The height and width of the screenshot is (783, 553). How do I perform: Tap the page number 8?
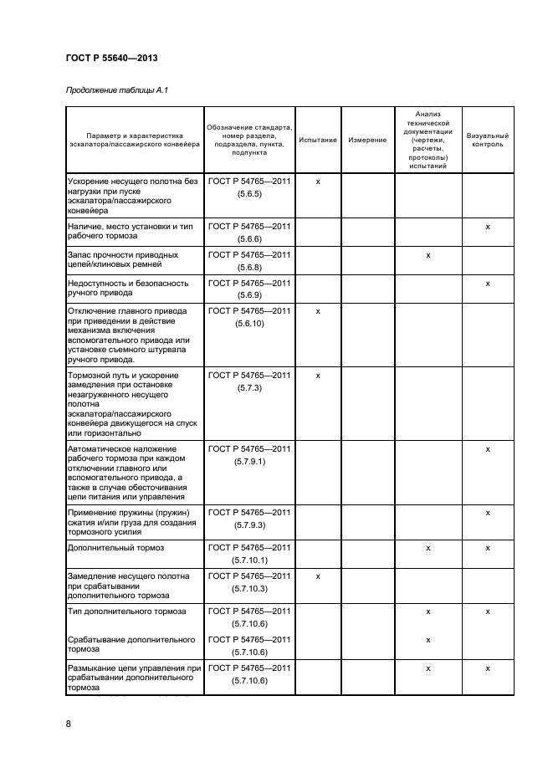tap(69, 724)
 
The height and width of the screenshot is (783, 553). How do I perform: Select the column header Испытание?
tap(318, 140)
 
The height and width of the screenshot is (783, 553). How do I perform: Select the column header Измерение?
tap(367, 140)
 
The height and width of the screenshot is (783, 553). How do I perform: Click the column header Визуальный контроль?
tap(487, 140)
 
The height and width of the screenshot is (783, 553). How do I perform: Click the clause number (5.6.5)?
tap(249, 193)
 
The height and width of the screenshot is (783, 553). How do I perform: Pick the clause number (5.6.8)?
tap(249, 268)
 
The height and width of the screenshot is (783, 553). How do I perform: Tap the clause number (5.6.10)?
tap(249, 324)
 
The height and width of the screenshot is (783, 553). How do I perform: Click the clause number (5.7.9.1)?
tap(249, 462)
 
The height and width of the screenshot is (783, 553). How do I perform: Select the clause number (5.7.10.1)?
tap(249, 560)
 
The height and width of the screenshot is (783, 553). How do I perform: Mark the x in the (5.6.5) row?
tap(318, 181)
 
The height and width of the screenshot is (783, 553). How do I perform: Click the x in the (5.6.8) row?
tap(428, 254)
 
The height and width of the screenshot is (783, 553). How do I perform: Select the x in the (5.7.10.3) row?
tap(318, 576)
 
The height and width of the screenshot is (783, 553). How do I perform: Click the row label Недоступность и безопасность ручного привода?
tap(125, 289)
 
